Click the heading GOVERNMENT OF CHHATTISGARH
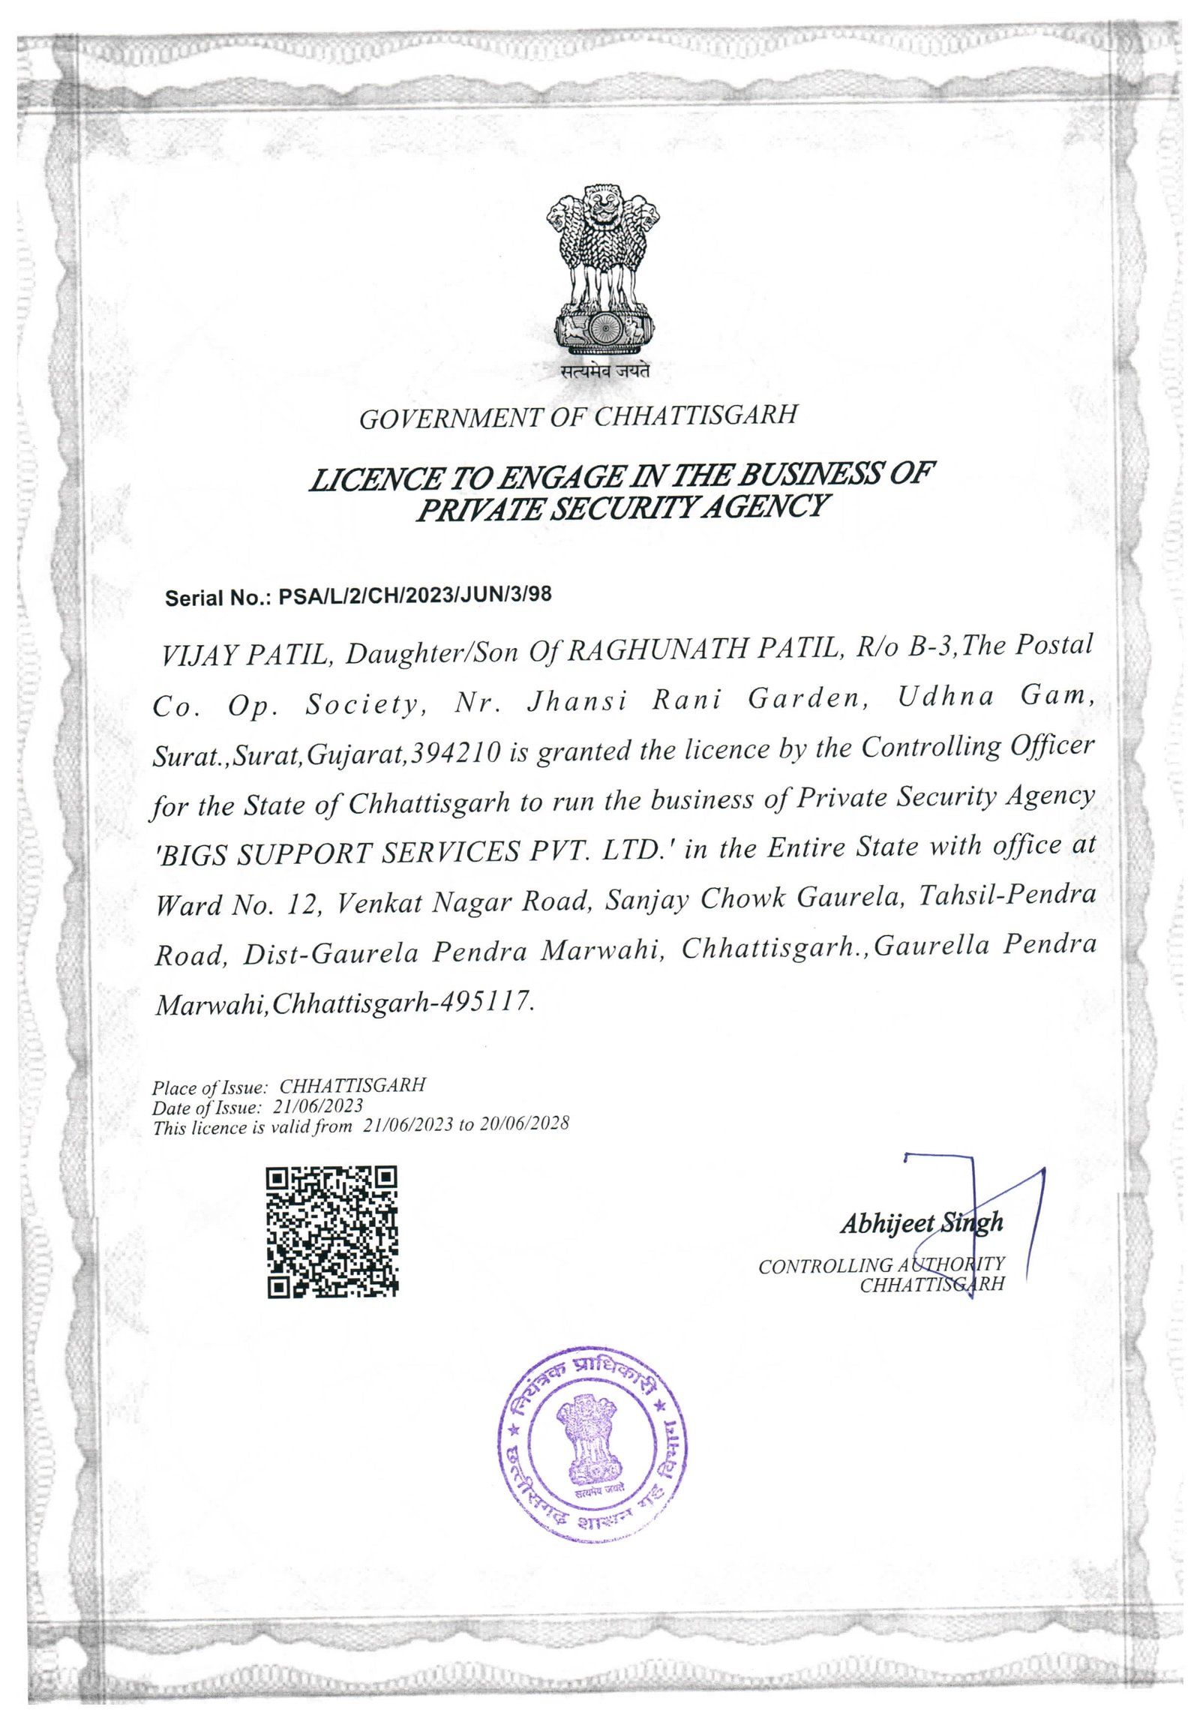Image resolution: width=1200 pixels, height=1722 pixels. [578, 416]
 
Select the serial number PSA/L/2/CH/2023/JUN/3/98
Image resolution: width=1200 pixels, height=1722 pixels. [415, 595]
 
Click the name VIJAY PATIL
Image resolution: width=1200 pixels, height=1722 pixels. [244, 655]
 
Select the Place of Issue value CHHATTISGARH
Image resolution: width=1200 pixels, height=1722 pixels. [352, 1085]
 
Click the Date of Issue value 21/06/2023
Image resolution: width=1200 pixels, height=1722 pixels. [318, 1106]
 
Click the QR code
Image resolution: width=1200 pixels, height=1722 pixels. [332, 1231]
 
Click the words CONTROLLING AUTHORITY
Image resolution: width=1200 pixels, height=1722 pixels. [881, 1265]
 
